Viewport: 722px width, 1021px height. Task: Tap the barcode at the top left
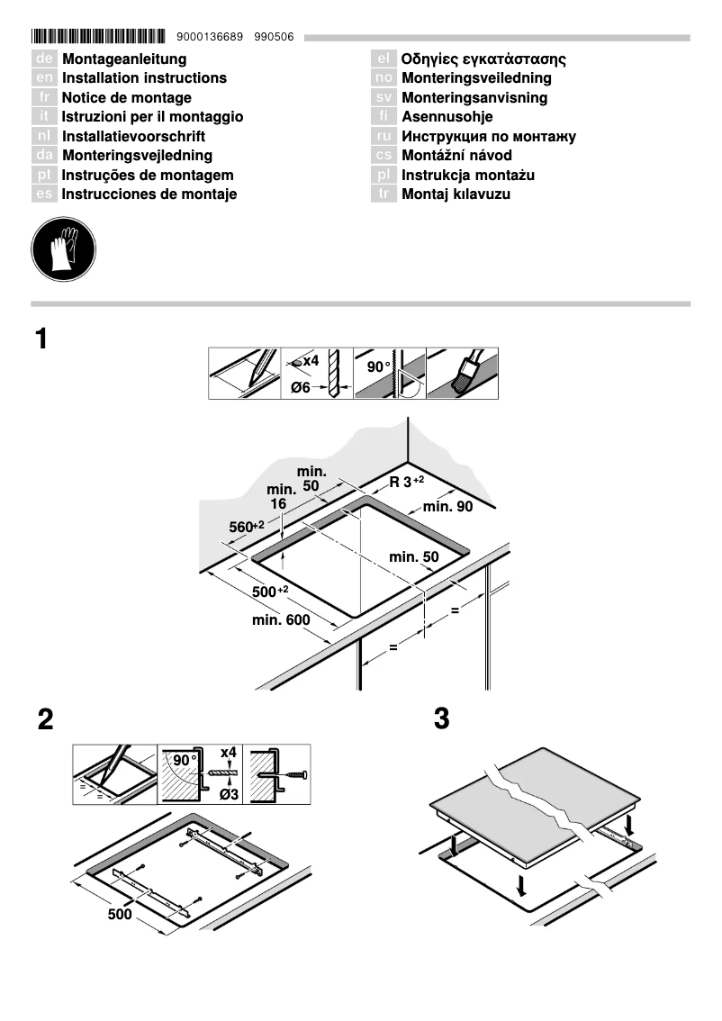pyautogui.click(x=98, y=37)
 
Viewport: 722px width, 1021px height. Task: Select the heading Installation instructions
pyautogui.click(x=144, y=78)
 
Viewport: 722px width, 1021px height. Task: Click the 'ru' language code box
pyautogui.click(x=384, y=137)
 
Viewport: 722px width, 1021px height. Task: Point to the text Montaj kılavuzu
pyautogui.click(x=456, y=194)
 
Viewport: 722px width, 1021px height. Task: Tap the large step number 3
pyautogui.click(x=441, y=719)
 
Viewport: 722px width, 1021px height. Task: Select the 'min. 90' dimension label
pyautogui.click(x=447, y=507)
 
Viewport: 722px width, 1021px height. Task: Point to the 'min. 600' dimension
pyautogui.click(x=281, y=620)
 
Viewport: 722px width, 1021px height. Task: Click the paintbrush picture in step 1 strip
pyautogui.click(x=462, y=374)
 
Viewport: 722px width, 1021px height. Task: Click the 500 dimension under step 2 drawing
pyautogui.click(x=120, y=914)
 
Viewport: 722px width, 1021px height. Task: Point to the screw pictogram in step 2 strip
pyautogui.click(x=281, y=773)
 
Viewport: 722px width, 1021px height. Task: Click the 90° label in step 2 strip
pyautogui.click(x=185, y=760)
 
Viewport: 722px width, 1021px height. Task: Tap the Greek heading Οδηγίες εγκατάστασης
pyautogui.click(x=483, y=59)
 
